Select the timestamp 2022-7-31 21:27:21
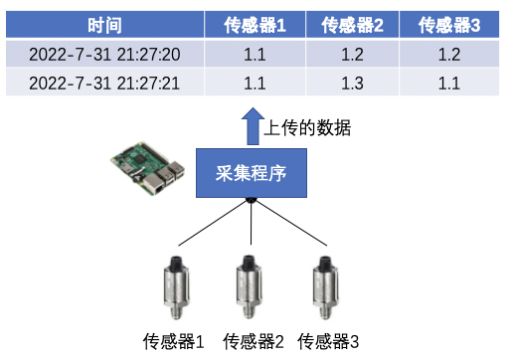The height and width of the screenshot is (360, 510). click(x=104, y=83)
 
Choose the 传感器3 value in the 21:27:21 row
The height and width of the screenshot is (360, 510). click(x=449, y=83)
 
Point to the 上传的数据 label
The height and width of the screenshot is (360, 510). click(x=309, y=128)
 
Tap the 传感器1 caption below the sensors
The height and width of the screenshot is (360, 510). click(x=174, y=343)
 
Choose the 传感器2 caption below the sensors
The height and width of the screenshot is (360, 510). click(x=254, y=343)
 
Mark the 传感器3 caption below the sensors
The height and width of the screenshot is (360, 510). click(x=329, y=343)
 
